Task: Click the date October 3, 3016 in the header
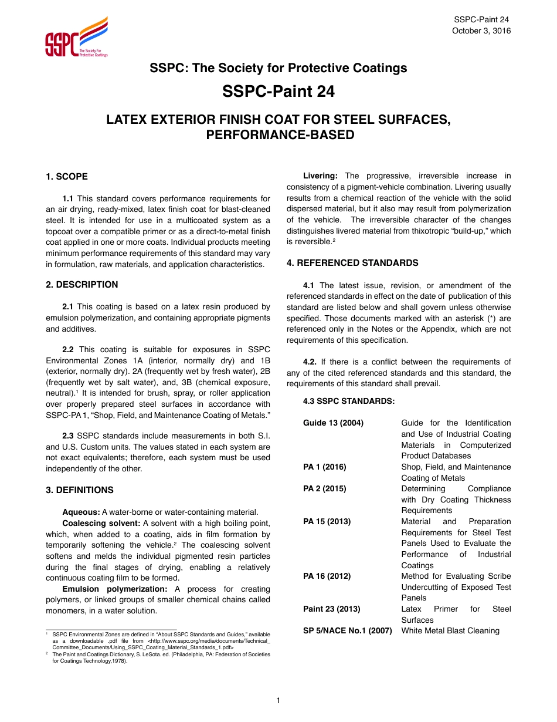[481, 31]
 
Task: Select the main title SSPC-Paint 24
[278, 92]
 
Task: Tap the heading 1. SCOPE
[67, 177]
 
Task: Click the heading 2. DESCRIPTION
[82, 285]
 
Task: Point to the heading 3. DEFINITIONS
[80, 490]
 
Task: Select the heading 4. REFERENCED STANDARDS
[352, 263]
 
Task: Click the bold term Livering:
[320, 176]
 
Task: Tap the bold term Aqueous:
[81, 512]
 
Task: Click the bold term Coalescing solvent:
[101, 523]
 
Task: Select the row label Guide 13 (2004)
[333, 423]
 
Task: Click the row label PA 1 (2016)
[324, 467]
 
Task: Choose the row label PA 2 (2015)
[324, 489]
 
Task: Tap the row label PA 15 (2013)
[327, 522]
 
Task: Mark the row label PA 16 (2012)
[327, 576]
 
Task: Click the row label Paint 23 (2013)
[331, 609]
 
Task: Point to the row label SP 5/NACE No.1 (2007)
[347, 631]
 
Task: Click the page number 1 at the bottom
[278, 700]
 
